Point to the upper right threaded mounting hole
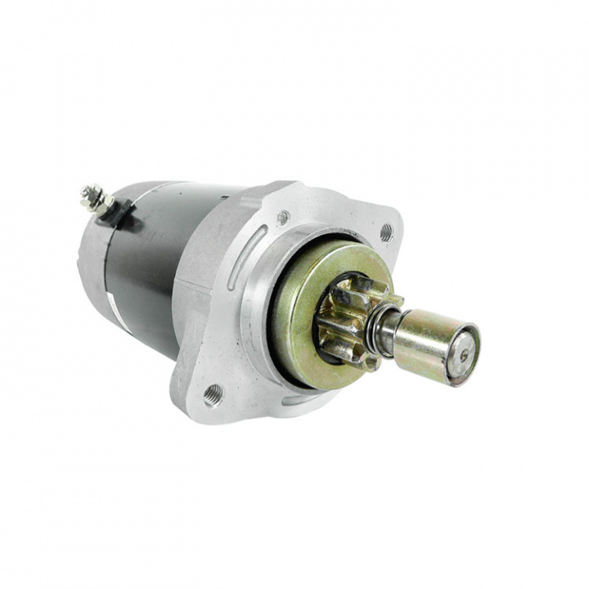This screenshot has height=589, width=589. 386,232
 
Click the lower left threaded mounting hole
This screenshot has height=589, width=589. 213,393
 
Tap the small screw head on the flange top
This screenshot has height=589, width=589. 283,218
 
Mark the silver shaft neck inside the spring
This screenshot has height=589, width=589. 387,327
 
